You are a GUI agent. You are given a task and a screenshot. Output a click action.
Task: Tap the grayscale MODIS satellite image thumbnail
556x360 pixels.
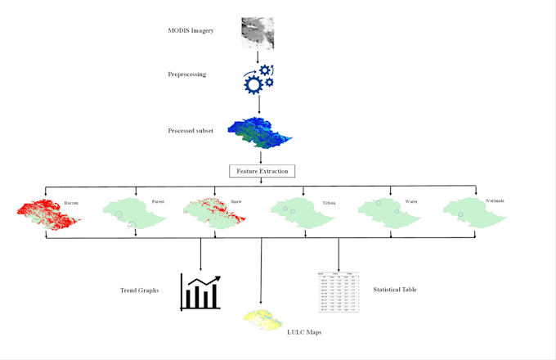pyautogui.click(x=258, y=33)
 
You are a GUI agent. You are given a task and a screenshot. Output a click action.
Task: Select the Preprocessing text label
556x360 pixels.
pyautogui.click(x=187, y=74)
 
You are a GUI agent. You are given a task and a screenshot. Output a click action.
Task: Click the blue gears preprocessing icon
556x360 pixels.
pyautogui.click(x=258, y=79)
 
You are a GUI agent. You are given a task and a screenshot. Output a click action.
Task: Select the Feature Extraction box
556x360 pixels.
pyautogui.click(x=262, y=171)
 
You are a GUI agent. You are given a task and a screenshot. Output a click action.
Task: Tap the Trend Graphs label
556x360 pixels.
pyautogui.click(x=139, y=290)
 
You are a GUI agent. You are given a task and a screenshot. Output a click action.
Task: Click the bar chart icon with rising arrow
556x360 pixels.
pyautogui.click(x=200, y=292)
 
